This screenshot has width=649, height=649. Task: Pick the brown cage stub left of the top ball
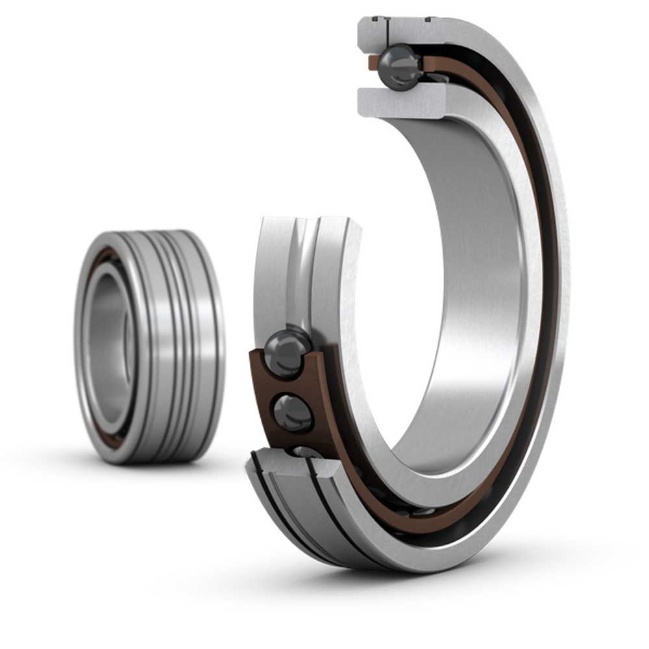tap(372, 62)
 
